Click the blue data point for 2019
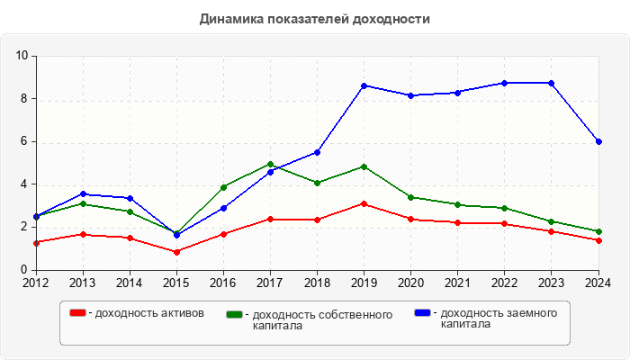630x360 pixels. pyautogui.click(x=364, y=85)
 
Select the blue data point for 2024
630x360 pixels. pyautogui.click(x=598, y=141)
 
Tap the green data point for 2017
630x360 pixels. pyautogui.click(x=270, y=165)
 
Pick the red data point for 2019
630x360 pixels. pyautogui.click(x=364, y=203)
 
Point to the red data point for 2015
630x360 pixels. pyautogui.click(x=176, y=252)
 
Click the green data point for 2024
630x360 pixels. pyautogui.click(x=598, y=231)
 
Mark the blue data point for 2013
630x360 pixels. pyautogui.click(x=83, y=193)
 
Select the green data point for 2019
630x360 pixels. pyautogui.click(x=364, y=166)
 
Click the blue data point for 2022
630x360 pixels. pyautogui.click(x=505, y=83)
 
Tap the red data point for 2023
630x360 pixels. pyautogui.click(x=552, y=231)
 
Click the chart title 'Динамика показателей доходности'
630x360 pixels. pyautogui.click(x=314, y=18)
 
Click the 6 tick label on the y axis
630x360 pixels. pyautogui.click(x=23, y=141)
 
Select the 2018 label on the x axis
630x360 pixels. pyautogui.click(x=317, y=283)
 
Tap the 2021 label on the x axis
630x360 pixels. pyautogui.click(x=458, y=283)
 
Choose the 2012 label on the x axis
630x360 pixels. pyautogui.click(x=36, y=283)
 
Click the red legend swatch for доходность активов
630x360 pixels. pyautogui.click(x=77, y=312)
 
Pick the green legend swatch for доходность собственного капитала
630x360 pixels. pyautogui.click(x=235, y=315)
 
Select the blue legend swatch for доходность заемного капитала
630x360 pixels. pyautogui.click(x=422, y=312)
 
